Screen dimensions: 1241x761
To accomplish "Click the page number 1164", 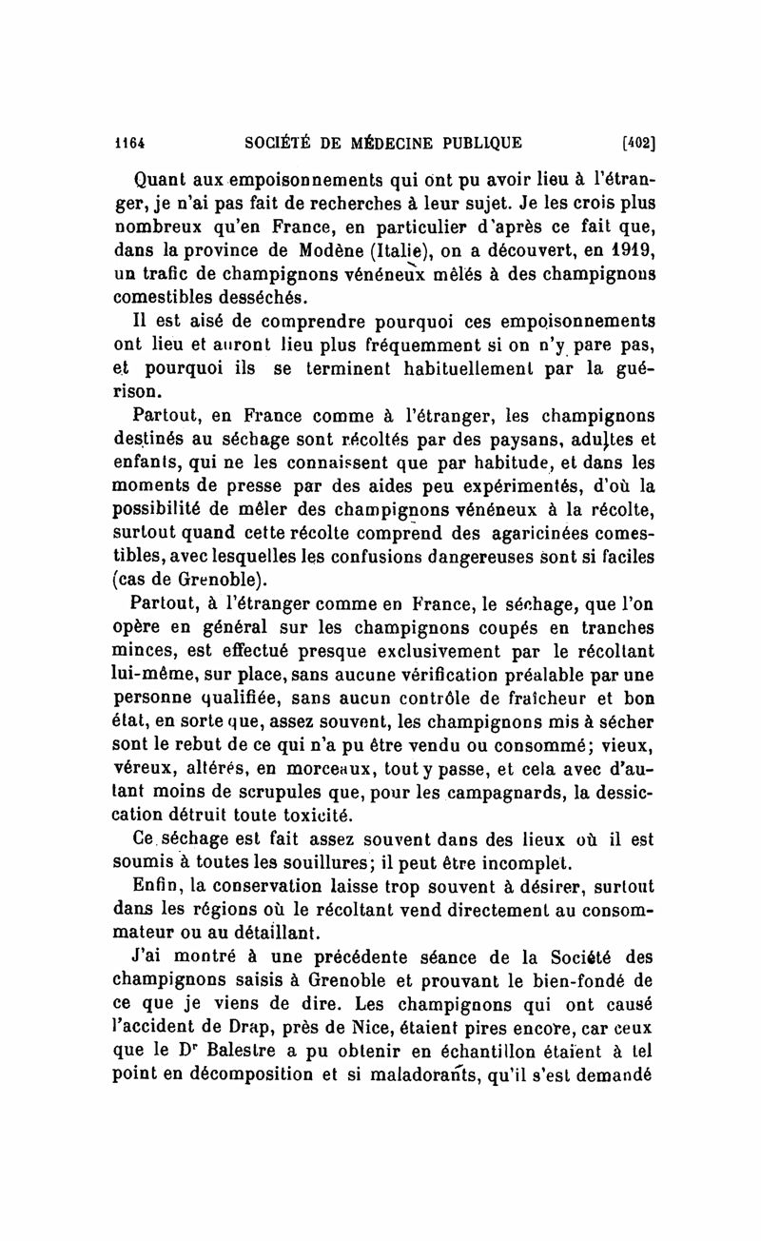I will click(125, 143).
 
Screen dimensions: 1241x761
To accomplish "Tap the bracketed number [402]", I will click(640, 143).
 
